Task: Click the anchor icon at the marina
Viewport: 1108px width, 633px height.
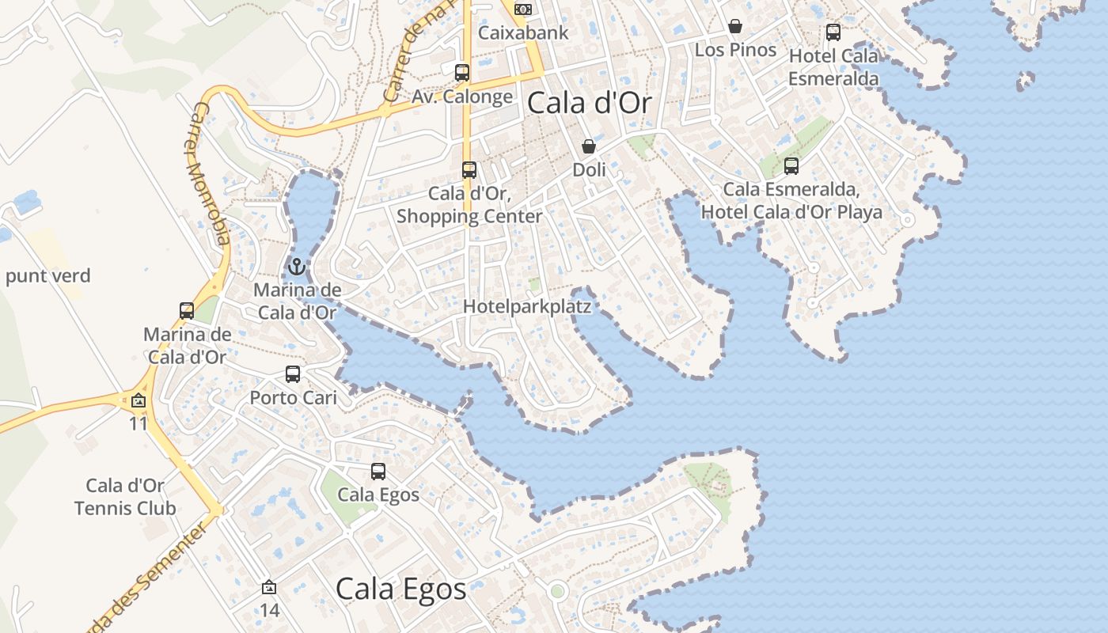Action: point(297,266)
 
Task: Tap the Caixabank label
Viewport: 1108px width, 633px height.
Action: point(524,32)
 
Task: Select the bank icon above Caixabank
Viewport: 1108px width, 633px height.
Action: point(522,9)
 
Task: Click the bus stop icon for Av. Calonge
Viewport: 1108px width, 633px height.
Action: point(462,73)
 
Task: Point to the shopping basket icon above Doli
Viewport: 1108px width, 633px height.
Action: point(589,146)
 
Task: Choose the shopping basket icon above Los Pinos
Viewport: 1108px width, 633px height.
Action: point(735,26)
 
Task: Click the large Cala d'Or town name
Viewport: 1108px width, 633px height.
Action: point(589,103)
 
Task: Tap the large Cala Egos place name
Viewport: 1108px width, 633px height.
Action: point(400,589)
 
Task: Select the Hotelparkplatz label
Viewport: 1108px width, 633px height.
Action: point(527,306)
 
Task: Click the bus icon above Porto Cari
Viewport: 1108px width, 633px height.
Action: point(293,374)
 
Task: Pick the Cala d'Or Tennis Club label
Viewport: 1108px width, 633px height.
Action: point(125,497)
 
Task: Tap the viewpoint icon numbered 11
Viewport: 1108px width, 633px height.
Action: point(138,401)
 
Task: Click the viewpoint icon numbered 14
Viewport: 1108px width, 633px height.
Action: point(269,588)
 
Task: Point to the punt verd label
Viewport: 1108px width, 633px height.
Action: point(48,276)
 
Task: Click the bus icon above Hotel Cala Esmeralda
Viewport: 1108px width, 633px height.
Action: point(833,32)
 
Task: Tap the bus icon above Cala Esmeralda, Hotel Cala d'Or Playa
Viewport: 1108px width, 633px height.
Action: point(791,166)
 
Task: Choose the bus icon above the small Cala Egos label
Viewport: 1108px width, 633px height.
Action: point(378,472)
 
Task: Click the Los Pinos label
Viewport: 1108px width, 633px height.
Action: point(736,50)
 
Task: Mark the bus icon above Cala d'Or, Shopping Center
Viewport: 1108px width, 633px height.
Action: point(469,170)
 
